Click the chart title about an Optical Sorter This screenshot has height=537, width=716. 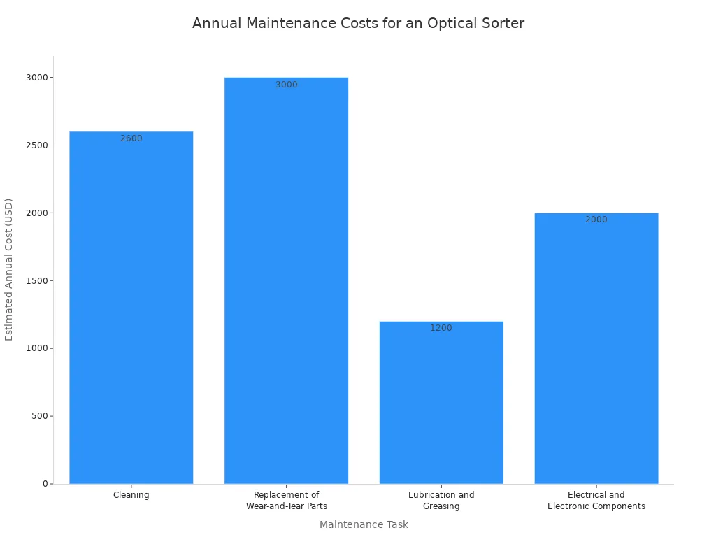(x=358, y=24)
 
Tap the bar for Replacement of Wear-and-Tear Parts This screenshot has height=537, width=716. (x=286, y=280)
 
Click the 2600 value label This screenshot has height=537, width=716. (x=131, y=138)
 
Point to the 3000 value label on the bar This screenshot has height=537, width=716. (x=286, y=85)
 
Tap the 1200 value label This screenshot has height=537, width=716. (x=441, y=328)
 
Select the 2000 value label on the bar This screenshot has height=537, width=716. (x=596, y=220)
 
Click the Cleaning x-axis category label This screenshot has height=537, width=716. (x=131, y=495)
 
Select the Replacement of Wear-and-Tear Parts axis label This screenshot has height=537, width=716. (x=286, y=501)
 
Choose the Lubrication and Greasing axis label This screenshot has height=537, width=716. (x=441, y=501)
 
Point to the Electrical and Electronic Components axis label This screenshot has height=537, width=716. (x=596, y=501)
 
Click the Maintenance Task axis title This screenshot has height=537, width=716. (x=364, y=524)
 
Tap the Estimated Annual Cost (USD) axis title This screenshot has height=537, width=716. (x=9, y=269)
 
